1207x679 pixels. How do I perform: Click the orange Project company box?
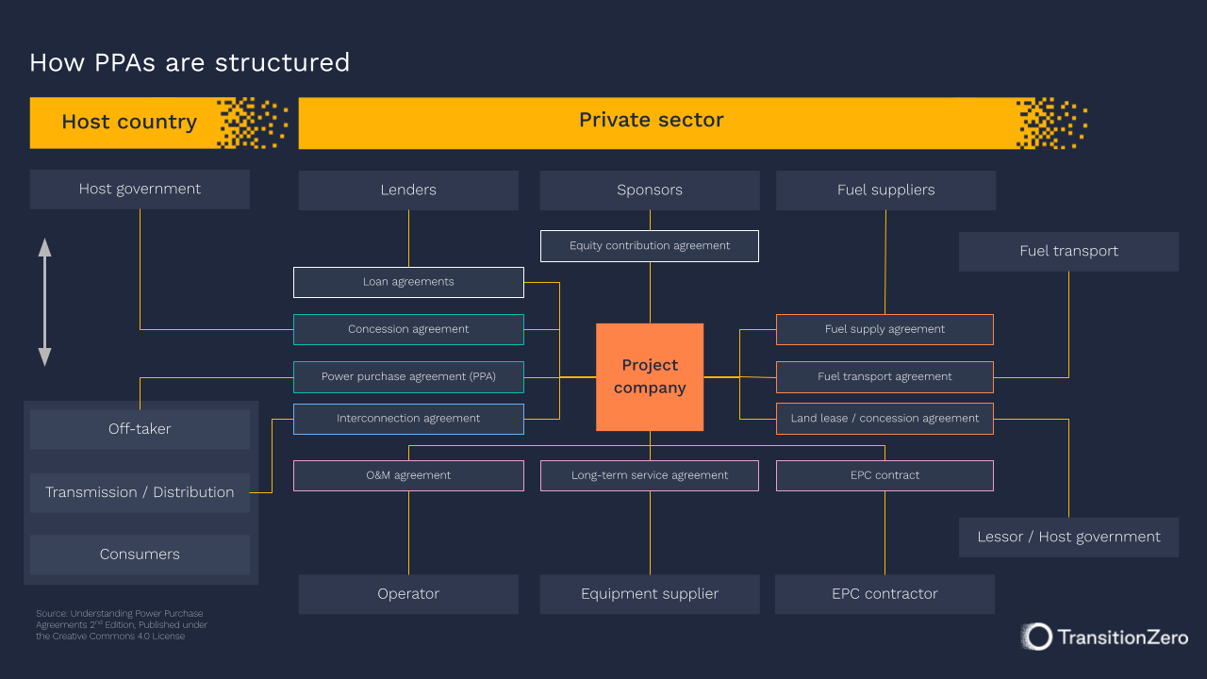pos(650,376)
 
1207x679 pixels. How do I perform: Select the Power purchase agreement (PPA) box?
pos(408,376)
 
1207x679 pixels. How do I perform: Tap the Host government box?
pos(140,189)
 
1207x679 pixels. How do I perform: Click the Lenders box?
pos(408,190)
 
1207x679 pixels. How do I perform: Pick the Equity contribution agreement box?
pos(650,245)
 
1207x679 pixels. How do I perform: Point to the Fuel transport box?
pos(1068,251)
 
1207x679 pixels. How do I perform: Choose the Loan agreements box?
pos(408,281)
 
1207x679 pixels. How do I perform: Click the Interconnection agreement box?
pos(408,418)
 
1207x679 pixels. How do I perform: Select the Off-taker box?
pos(140,429)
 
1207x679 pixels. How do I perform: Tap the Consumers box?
pos(140,555)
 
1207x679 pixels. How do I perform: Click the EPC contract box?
pos(885,475)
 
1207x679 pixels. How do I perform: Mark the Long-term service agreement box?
pos(650,475)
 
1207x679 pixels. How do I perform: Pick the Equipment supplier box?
pos(650,593)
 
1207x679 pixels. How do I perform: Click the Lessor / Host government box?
pos(1068,537)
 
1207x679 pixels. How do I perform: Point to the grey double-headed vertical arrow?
pos(44,302)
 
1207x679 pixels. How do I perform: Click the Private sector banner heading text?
pos(651,121)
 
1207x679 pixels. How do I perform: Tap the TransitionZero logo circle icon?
pos(1037,637)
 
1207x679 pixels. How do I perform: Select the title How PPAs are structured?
pos(190,62)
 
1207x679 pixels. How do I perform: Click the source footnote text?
pos(121,624)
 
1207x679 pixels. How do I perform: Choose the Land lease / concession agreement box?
pos(885,418)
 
